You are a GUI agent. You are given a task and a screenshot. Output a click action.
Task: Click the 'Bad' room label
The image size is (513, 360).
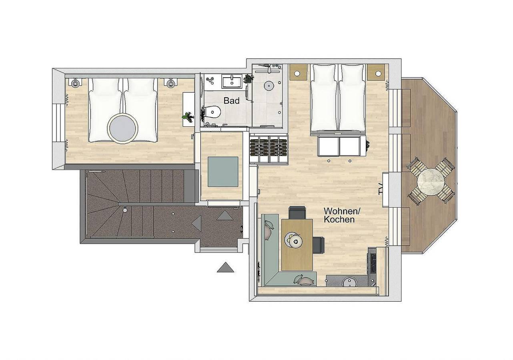click(231, 101)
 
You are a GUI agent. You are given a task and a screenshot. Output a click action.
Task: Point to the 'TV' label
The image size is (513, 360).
click(381, 189)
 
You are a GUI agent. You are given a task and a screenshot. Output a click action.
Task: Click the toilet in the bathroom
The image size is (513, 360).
click(212, 112)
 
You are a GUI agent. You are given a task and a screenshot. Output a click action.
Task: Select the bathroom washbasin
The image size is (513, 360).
click(231, 81)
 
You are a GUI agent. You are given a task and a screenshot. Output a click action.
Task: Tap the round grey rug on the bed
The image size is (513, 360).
click(123, 128)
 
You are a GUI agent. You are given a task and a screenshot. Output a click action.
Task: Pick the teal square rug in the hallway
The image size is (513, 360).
click(222, 172)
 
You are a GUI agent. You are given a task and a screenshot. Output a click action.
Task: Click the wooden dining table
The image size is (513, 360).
click(297, 244)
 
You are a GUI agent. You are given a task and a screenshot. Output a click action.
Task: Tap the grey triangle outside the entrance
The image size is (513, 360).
click(225, 267)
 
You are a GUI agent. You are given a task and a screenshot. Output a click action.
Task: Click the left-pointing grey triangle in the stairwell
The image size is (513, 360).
click(196, 223)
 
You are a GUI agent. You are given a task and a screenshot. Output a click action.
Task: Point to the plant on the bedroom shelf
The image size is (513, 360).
click(188, 117)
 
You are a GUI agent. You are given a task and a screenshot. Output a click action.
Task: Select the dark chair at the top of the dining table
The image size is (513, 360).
click(297, 212)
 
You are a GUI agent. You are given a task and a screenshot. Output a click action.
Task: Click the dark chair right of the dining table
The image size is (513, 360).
click(319, 245)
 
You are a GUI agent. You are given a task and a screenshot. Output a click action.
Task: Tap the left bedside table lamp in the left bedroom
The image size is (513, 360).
click(75, 83)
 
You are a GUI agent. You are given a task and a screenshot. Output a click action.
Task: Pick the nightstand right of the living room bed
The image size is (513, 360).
click(376, 72)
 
